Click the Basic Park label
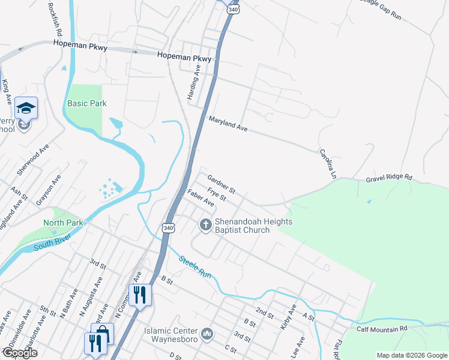coord(87,103)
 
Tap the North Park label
coord(63,223)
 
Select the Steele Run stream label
coord(194,267)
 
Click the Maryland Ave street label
coord(228,124)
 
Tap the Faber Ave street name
coord(200,198)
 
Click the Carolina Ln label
coord(326,164)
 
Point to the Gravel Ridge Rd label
coord(389,178)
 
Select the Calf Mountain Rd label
coord(382,328)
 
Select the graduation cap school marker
coord(26,108)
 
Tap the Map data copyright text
coord(411,355)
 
